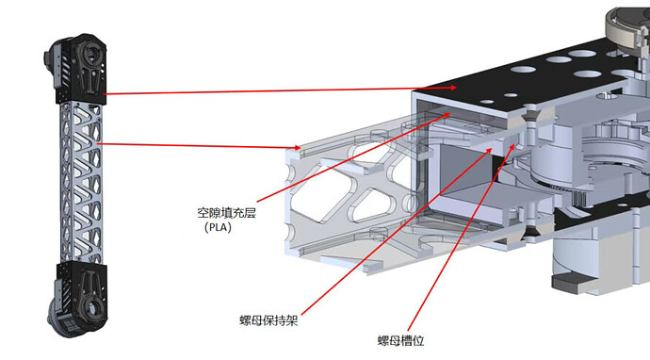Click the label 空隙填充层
pyautogui.click(x=226, y=213)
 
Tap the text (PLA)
pyautogui.click(x=218, y=227)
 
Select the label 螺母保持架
pyautogui.click(x=268, y=320)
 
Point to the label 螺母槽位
pyautogui.click(x=401, y=341)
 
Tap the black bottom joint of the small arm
pyautogui.click(x=79, y=298)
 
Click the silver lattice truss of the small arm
pyautogui.click(x=80, y=183)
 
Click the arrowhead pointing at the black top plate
pyautogui.click(x=453, y=88)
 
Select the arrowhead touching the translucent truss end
pyautogui.click(x=296, y=147)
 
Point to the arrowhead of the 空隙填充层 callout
pyautogui.click(x=447, y=114)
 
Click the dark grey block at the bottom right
pyautogui.click(x=570, y=283)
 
